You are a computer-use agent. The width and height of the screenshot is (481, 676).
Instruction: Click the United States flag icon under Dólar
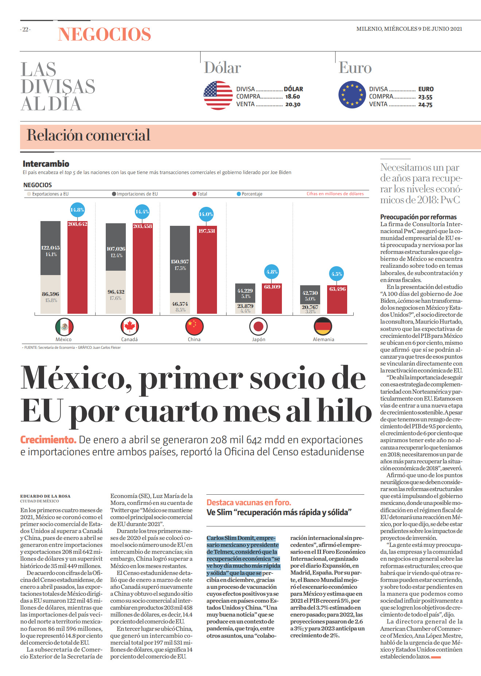pyautogui.click(x=218, y=96)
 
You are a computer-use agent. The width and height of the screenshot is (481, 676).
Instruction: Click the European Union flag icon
pyautogui.click(x=352, y=94)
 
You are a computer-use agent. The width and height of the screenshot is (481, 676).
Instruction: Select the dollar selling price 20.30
pyautogui.click(x=293, y=104)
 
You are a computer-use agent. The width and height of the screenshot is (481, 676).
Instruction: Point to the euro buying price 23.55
pyautogui.click(x=425, y=97)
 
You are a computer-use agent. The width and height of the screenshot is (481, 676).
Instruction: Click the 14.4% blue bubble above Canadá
pyautogui.click(x=142, y=212)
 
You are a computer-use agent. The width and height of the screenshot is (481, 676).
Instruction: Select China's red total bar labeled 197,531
pyautogui.click(x=207, y=270)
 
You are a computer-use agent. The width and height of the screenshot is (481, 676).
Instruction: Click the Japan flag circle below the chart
pyautogui.click(x=259, y=327)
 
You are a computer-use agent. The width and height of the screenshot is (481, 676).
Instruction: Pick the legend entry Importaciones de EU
pyautogui.click(x=135, y=194)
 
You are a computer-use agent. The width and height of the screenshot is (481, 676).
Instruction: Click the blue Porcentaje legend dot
pyautogui.click(x=239, y=194)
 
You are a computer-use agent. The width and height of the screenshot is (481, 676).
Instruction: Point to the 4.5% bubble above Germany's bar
pyautogui.click(x=337, y=274)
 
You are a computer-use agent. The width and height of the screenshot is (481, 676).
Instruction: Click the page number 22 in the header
pyautogui.click(x=26, y=30)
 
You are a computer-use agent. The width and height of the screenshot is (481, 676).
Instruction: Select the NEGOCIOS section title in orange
pyautogui.click(x=104, y=34)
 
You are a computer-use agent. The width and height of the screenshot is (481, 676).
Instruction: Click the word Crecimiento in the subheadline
pyautogui.click(x=48, y=440)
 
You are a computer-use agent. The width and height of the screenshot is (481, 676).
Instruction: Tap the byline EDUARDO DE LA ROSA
pyautogui.click(x=45, y=496)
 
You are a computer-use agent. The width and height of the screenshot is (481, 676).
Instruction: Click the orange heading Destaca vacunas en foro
pyautogui.click(x=249, y=502)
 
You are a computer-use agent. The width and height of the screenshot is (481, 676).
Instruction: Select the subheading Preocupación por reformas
pyautogui.click(x=418, y=217)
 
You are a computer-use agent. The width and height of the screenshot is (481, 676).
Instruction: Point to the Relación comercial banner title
pyautogui.click(x=89, y=135)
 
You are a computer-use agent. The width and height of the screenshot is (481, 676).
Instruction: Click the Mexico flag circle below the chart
pyautogui.click(x=65, y=327)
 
